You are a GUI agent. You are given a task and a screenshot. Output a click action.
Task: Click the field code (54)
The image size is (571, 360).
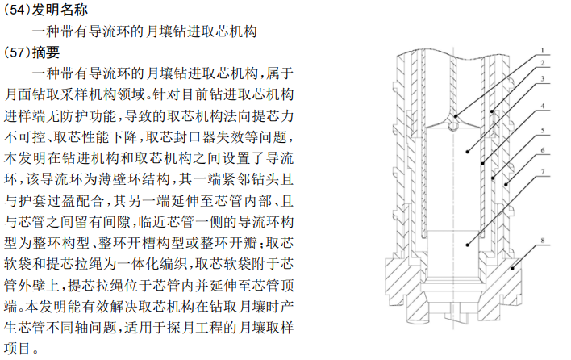[17, 10]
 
